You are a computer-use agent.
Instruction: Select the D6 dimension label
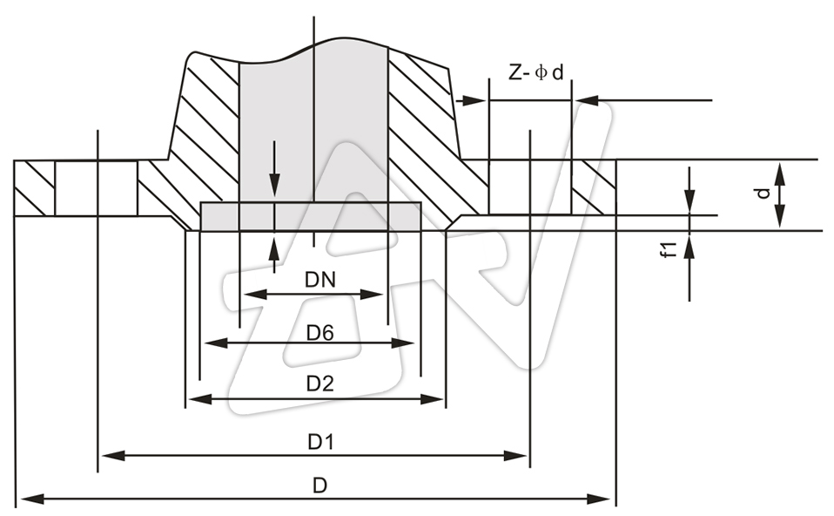pyautogui.click(x=320, y=332)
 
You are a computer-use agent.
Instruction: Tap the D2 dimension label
pyautogui.click(x=320, y=384)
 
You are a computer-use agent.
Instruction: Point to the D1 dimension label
pyautogui.click(x=320, y=442)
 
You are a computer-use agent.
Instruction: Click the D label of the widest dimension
pyautogui.click(x=320, y=485)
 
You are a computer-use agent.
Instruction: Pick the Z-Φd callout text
pyautogui.click(x=537, y=73)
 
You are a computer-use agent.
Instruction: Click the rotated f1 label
pyautogui.click(x=669, y=249)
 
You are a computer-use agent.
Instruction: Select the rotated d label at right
pyautogui.click(x=763, y=193)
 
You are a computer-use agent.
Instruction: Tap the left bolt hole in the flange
pyautogui.click(x=96, y=187)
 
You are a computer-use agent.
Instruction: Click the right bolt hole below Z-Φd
pyautogui.click(x=530, y=187)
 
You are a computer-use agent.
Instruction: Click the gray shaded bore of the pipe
pyautogui.click(x=313, y=131)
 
